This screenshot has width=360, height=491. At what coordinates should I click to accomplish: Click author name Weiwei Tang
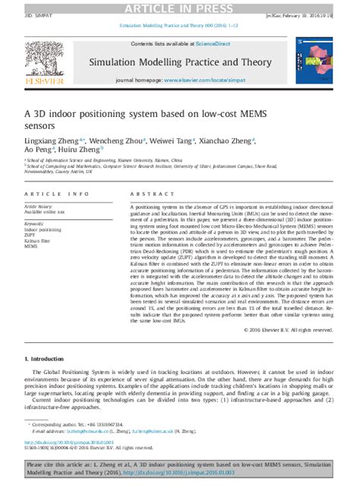coord(172,140)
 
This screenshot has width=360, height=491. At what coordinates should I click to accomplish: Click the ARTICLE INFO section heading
coord(56,194)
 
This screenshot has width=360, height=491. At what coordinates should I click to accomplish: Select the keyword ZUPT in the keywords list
coord(32,234)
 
